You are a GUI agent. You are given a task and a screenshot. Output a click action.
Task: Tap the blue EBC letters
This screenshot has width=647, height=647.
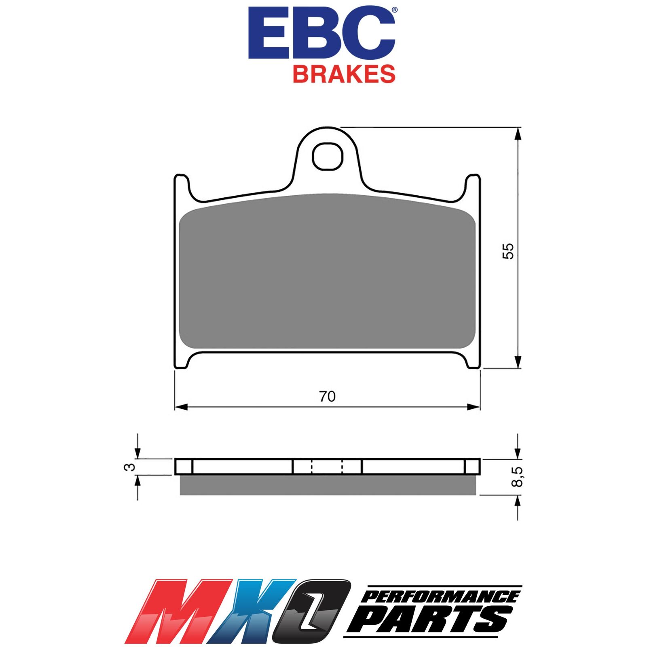coord(321,34)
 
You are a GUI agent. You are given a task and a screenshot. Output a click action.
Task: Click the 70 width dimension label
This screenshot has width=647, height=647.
coord(327,396)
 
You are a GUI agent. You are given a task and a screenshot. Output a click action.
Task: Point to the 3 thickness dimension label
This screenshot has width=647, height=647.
coord(129,467)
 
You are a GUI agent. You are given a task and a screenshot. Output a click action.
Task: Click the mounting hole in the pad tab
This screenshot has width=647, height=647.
coord(328,156)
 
